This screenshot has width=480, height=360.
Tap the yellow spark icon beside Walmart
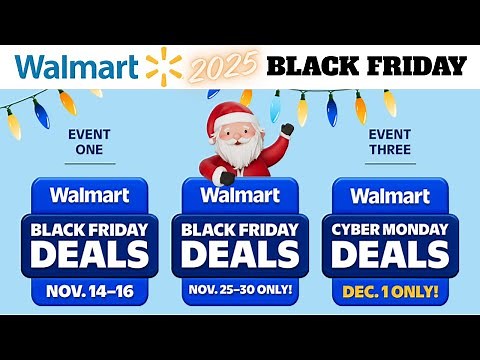(164, 66)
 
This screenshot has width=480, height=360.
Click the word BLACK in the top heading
(315, 67)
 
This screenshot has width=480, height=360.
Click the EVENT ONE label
(89, 141)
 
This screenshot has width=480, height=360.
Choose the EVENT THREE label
(390, 141)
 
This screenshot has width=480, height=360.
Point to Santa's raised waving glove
(287, 131)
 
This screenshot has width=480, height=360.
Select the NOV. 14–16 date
(89, 294)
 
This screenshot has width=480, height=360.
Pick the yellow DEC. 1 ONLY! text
(390, 293)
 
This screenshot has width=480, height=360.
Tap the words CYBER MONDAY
(390, 227)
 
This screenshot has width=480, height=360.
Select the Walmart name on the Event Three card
(390, 195)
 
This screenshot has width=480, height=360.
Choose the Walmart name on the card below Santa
(239, 195)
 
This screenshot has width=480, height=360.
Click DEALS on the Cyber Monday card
(390, 254)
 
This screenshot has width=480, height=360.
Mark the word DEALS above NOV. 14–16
(89, 254)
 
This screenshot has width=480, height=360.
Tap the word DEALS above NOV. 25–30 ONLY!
(239, 254)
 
